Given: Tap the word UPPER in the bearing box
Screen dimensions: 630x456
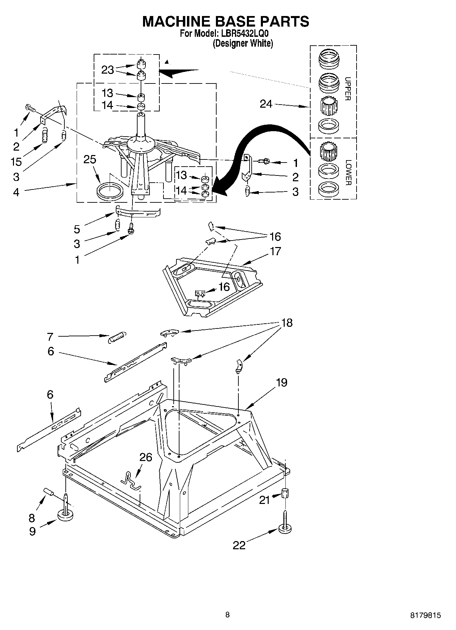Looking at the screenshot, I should pos(347,89).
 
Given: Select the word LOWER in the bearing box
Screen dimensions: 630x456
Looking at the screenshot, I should pos(347,172).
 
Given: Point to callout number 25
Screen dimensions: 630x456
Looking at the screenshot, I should pos(90,159).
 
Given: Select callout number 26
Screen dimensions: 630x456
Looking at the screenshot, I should pos(145,457).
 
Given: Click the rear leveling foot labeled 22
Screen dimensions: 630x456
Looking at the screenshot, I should pos(285,528).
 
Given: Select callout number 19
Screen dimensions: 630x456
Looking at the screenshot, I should pos(281,382).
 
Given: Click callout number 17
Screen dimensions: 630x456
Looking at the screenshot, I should pos(276,251).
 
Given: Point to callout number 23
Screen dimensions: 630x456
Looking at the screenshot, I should pos(108,70).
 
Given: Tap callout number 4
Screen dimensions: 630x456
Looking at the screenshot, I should pos(16,192).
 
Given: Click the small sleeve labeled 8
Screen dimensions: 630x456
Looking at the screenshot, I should pos(49,492).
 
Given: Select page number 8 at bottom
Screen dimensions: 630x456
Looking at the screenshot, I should pos(227,615).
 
